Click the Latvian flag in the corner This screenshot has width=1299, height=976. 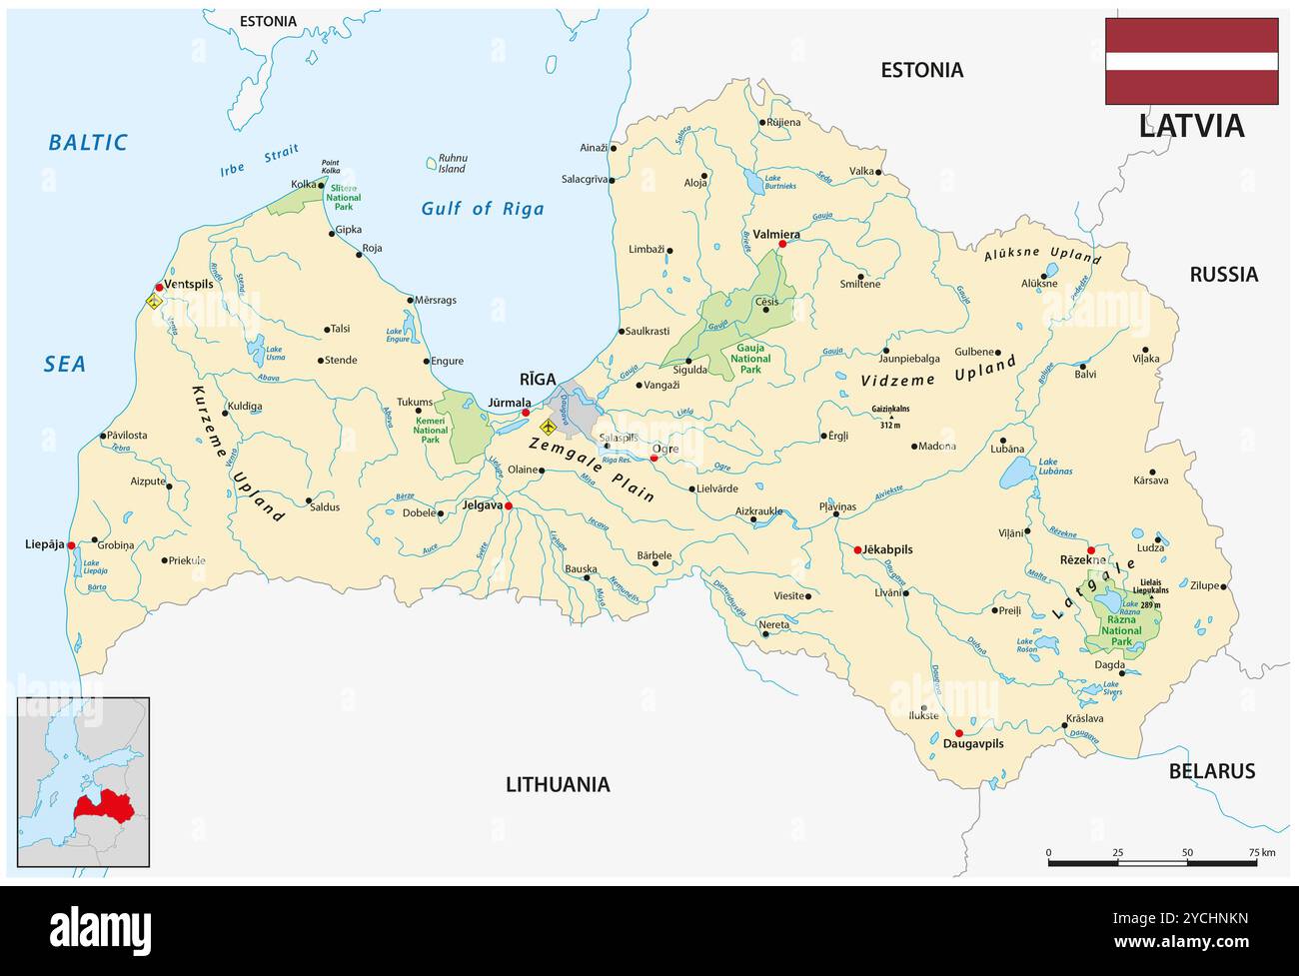click(1191, 61)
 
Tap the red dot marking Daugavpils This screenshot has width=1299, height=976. click(959, 732)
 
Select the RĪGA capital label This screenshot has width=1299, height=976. click(537, 380)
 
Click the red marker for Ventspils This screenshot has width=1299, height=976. click(159, 287)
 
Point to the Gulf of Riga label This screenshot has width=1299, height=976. click(483, 209)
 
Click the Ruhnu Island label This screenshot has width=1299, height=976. click(453, 164)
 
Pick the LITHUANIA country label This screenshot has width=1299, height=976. click(558, 784)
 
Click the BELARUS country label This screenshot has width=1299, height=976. click(1211, 770)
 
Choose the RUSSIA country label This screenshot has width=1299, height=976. click(1223, 274)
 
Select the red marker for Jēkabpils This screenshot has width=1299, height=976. click(857, 549)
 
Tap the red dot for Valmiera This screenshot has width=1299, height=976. click(782, 244)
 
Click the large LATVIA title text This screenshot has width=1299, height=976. click(1191, 126)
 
